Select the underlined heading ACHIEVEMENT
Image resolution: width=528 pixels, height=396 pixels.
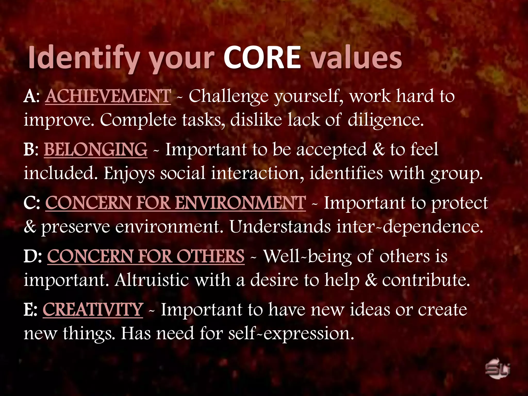(108, 96)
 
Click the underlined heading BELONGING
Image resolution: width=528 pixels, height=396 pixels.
(96, 150)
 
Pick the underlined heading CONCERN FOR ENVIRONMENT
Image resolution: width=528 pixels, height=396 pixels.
(176, 203)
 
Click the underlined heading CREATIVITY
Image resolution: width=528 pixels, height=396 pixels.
(93, 309)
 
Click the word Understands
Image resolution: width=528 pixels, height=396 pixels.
(280, 227)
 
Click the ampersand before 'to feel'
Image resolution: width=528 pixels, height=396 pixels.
(378, 150)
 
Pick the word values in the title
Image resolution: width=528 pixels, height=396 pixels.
(356, 58)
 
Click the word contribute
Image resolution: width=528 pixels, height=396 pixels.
(426, 280)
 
